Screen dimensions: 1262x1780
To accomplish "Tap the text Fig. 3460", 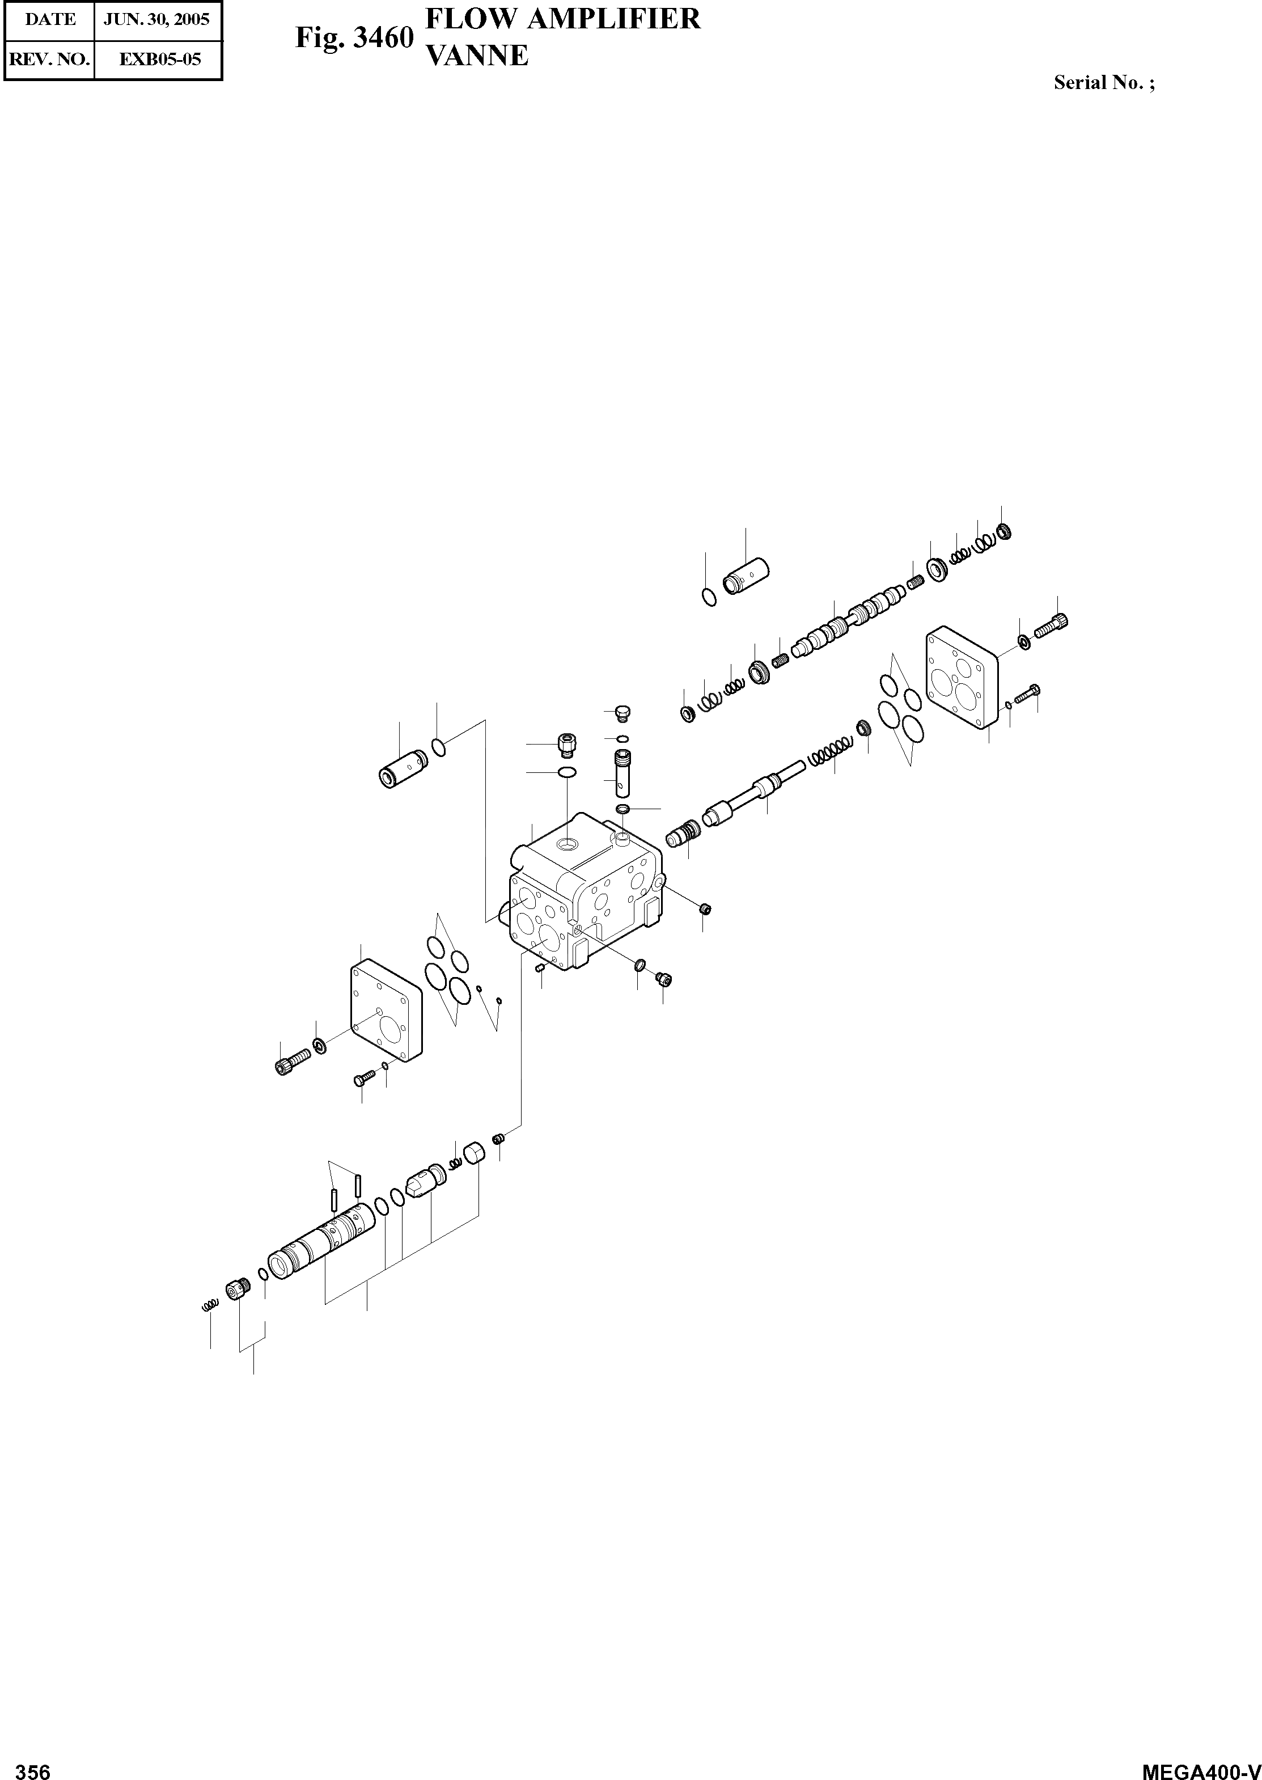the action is point(354,37).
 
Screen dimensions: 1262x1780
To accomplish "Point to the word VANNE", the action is point(478,56).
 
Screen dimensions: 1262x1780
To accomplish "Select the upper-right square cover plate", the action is point(962,677).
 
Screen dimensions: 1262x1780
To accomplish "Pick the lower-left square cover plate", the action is point(386,1010).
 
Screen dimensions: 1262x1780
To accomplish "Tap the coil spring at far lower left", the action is point(208,1307).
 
